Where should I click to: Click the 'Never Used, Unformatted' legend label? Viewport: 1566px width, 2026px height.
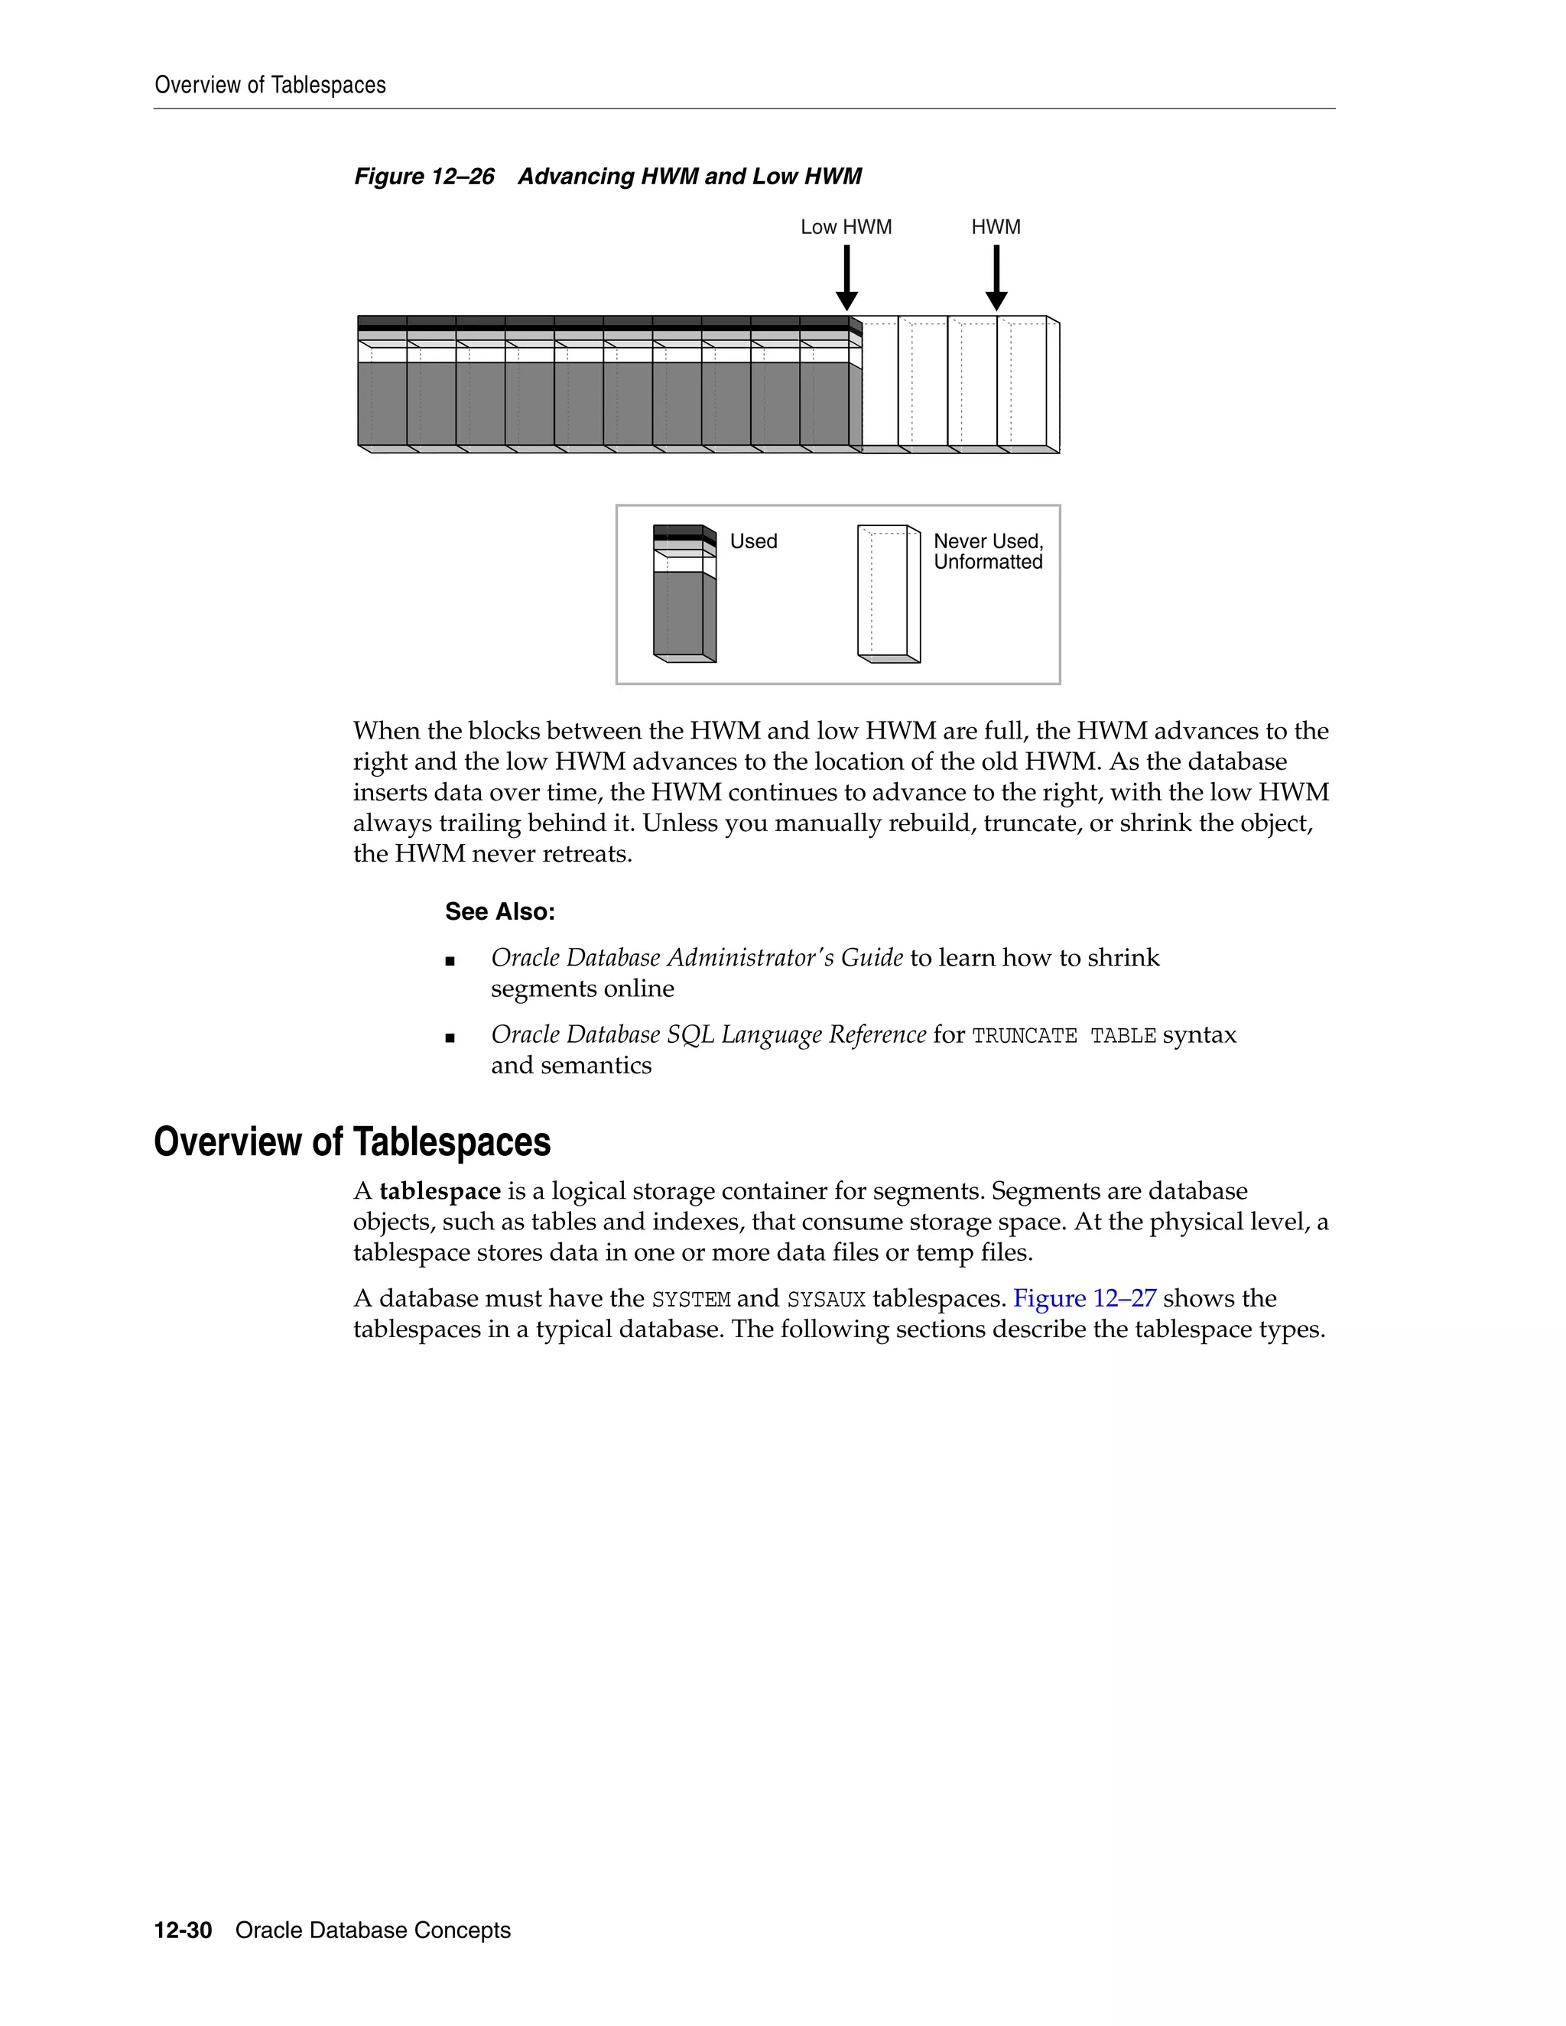pos(987,551)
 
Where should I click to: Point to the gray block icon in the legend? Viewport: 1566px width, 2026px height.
pos(684,594)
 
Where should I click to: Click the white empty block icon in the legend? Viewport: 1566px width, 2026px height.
pos(888,594)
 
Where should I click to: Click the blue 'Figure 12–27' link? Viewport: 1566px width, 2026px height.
pos(1084,1298)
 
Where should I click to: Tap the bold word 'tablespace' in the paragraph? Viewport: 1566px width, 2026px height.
pos(440,1190)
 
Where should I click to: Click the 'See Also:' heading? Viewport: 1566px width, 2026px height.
pos(499,912)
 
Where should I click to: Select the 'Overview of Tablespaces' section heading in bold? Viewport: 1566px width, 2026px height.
pos(352,1141)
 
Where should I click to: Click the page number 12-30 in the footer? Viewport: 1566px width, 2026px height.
pos(183,1930)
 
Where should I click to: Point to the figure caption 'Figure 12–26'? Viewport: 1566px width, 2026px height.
pos(424,177)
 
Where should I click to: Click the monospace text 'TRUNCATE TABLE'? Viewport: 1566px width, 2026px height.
pos(1063,1035)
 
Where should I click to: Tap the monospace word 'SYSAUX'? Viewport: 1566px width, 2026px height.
pos(826,1299)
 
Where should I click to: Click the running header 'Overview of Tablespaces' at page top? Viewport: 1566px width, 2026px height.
pos(270,86)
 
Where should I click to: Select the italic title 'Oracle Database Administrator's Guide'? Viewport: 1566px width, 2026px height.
pos(696,957)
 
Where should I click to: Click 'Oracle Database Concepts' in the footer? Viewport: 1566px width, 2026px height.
pos(373,1930)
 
